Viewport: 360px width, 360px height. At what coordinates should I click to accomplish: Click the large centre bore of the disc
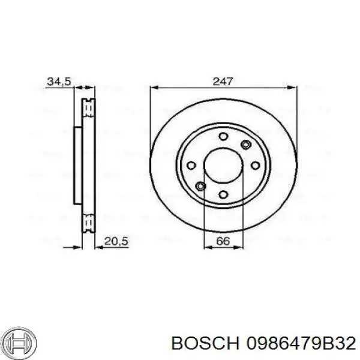[x=223, y=166]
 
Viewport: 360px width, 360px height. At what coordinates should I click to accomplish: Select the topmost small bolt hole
[x=223, y=137]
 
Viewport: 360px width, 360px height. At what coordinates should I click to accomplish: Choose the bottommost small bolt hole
[x=223, y=194]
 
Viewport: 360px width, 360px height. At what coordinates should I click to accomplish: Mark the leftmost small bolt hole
[x=191, y=166]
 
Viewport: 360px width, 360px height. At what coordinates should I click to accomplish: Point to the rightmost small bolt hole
[x=255, y=166]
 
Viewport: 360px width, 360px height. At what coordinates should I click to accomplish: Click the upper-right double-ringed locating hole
[x=245, y=145]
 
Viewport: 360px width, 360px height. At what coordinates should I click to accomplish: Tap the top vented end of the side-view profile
[x=89, y=107]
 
